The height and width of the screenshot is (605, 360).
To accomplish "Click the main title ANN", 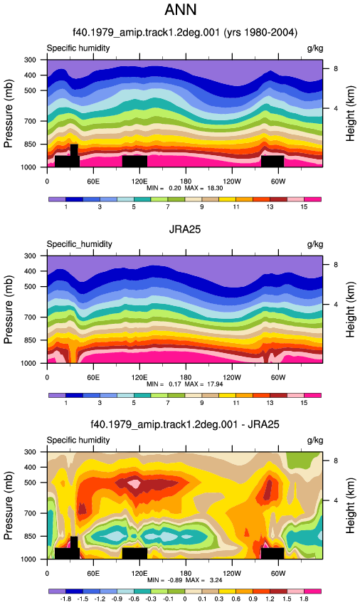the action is (181, 9).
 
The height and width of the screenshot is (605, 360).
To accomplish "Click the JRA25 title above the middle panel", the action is (185, 229).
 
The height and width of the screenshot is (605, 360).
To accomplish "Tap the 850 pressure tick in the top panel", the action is (31, 144).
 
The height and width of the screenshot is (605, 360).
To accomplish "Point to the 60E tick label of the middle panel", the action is (93, 377).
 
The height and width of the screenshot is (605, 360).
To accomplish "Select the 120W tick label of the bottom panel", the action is (231, 574).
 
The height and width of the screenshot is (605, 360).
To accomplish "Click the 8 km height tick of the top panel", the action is (336, 68).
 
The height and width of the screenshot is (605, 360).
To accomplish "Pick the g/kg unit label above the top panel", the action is (315, 48).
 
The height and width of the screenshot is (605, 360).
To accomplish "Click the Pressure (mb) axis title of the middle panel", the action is (9, 310).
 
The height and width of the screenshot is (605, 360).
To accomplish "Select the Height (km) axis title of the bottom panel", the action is (350, 505).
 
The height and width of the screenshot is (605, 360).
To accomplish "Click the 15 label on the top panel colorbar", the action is (304, 207).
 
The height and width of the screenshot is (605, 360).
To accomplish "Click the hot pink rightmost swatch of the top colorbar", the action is (312, 199).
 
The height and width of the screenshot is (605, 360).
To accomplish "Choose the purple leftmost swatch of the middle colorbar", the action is (57, 396).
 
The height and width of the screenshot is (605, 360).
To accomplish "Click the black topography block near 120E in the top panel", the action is (134, 162).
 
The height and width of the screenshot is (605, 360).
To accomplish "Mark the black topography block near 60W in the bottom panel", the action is (272, 553).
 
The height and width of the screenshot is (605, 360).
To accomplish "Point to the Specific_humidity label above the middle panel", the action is (80, 244).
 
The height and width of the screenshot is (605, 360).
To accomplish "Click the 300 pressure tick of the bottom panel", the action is (31, 452).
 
